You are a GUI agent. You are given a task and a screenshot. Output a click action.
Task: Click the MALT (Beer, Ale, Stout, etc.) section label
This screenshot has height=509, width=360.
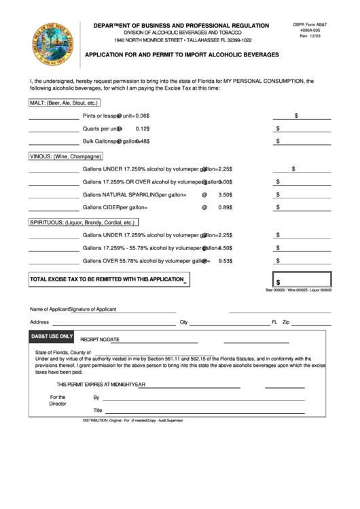pos(64,103)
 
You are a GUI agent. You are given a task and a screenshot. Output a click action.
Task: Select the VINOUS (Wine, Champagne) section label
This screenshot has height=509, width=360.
pos(70,156)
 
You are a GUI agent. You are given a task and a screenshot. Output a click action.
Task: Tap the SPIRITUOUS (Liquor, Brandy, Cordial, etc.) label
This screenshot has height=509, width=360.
pos(83,222)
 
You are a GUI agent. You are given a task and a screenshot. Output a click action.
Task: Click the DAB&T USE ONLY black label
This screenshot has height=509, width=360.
pos(52,336)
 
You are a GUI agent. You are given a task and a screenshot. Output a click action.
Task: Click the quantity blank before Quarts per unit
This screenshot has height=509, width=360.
pos(54,128)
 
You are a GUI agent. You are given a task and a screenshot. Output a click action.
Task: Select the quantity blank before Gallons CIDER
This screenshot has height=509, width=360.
pos(54,208)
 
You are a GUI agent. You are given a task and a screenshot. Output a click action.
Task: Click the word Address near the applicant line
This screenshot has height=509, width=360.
pos(39,322)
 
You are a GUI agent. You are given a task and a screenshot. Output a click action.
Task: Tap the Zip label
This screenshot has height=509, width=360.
pos(286,322)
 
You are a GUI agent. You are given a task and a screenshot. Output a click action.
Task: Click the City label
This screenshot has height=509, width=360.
pos(183,322)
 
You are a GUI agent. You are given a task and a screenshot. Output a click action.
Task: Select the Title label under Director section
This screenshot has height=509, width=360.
pos(98,410)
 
